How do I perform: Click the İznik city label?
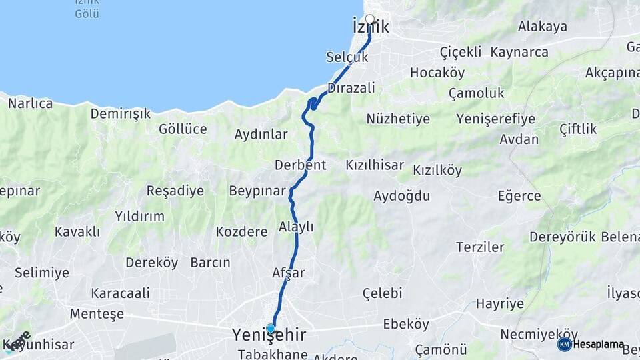click(x=370, y=28)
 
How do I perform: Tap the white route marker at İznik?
click(x=369, y=19)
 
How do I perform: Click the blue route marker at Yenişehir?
click(x=270, y=328)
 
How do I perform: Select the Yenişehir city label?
click(x=269, y=335)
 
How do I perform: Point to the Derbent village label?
click(x=300, y=165)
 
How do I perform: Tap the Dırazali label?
click(x=351, y=88)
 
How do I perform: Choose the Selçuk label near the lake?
click(x=347, y=57)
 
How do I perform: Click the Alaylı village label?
click(x=296, y=227)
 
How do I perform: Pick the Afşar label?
click(x=289, y=273)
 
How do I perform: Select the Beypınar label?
click(x=257, y=191)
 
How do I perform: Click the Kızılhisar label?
click(x=375, y=165)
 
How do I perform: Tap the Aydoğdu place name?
click(x=401, y=196)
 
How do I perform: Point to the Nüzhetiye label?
click(x=398, y=119)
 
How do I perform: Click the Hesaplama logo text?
click(x=599, y=345)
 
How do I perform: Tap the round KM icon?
click(x=564, y=345)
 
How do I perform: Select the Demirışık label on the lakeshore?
click(x=121, y=114)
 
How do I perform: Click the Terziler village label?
click(x=480, y=247)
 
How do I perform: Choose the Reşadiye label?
click(x=175, y=191)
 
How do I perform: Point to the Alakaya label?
click(x=543, y=27)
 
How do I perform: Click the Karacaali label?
click(x=121, y=293)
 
